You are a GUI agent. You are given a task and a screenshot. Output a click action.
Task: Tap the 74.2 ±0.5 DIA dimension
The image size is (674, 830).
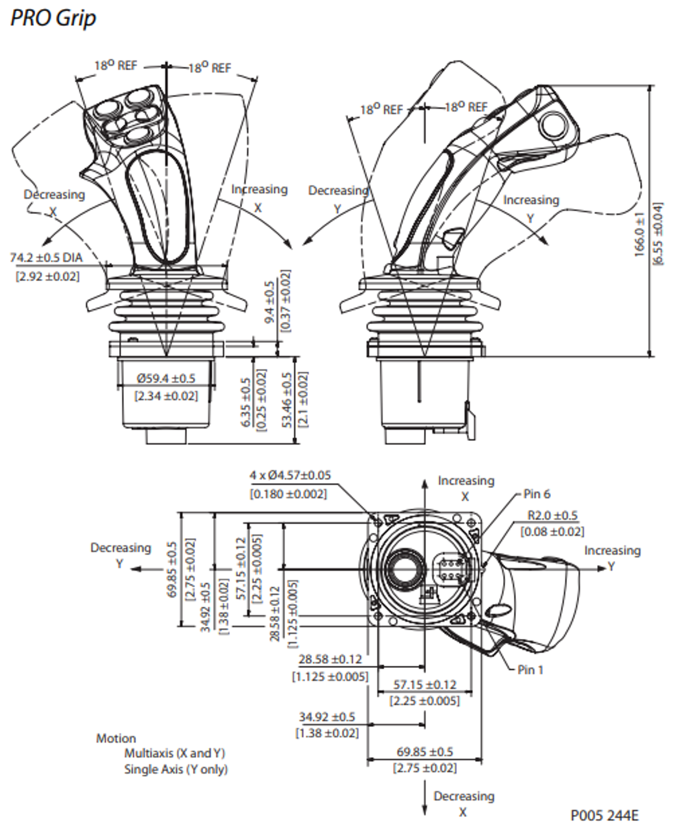click(46, 257)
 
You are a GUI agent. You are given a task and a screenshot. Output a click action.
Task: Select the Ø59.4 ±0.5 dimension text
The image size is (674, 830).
click(166, 378)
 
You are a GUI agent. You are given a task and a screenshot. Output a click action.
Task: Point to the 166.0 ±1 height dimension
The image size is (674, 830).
click(640, 235)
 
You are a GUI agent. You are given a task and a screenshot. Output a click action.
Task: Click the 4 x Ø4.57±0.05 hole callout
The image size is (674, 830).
click(290, 475)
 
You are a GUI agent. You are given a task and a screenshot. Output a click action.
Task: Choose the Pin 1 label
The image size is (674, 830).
click(530, 670)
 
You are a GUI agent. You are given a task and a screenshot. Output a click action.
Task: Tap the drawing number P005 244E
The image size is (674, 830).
click(604, 815)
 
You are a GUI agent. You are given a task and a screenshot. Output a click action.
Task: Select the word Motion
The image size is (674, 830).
click(116, 738)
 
